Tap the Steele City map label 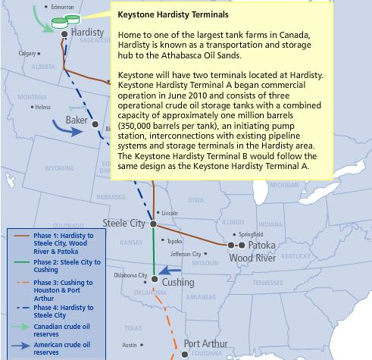(125, 224)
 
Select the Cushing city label (179, 283)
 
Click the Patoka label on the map (261, 246)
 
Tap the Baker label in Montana (77, 120)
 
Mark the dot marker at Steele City (153, 224)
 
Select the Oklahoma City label (130, 275)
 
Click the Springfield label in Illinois (252, 235)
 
